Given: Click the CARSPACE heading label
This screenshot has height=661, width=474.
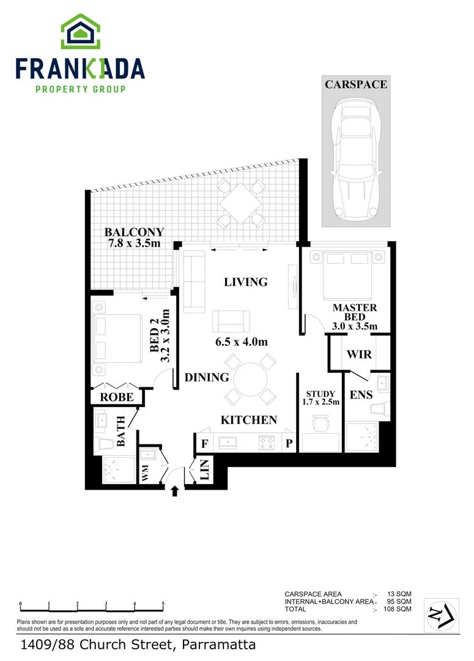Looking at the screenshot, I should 355,84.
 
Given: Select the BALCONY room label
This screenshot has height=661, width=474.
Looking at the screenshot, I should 133,233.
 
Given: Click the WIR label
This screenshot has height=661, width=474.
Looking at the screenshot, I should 359,354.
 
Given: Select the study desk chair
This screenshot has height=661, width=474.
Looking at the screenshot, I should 322,423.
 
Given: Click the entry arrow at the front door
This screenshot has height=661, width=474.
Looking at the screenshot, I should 175,490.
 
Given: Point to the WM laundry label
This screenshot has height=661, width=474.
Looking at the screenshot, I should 146,472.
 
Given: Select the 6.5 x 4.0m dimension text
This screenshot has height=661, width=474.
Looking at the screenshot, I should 242,342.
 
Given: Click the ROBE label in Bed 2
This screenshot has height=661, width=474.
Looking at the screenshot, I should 116,397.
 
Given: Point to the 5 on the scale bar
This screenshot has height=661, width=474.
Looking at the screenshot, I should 163,604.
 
